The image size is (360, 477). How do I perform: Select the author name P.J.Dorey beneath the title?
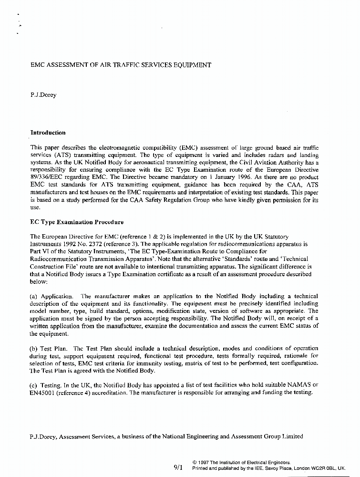43,95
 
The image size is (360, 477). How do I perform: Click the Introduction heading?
48,133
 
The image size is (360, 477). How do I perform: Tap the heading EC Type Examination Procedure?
77,222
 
